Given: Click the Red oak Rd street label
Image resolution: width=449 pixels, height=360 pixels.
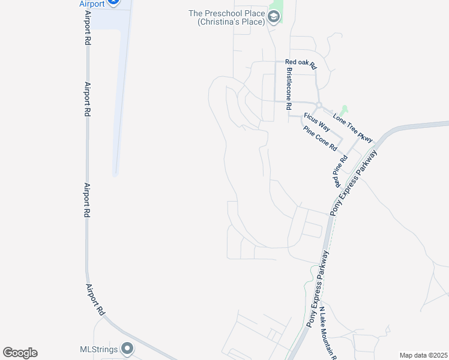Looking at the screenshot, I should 300,62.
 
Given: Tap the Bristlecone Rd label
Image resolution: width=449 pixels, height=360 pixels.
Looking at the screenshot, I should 289,88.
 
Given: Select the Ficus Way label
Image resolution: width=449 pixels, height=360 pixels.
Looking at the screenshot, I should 316,121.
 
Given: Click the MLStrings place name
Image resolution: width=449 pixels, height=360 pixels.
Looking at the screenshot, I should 99,349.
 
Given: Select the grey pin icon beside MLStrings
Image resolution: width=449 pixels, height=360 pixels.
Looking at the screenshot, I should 127,348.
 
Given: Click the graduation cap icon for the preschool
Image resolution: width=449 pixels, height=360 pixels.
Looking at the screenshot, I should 274,17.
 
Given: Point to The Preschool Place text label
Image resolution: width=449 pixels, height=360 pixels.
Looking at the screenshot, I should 226,17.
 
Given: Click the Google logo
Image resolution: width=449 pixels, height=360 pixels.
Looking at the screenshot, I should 20,353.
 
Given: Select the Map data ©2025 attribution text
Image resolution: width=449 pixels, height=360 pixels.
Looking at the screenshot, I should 423,355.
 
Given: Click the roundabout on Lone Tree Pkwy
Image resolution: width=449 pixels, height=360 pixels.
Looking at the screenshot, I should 319,105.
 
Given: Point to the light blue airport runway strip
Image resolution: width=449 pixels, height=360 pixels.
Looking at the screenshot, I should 119,90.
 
